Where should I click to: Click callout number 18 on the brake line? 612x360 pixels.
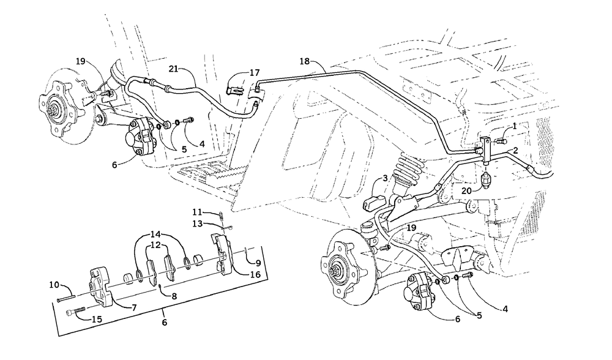pos(305,61)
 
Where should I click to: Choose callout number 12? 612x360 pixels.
pos(157,245)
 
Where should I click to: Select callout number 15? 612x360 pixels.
pos(96,319)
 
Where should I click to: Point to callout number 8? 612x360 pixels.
pos(175,296)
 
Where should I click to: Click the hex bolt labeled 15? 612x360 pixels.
pos(74,313)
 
